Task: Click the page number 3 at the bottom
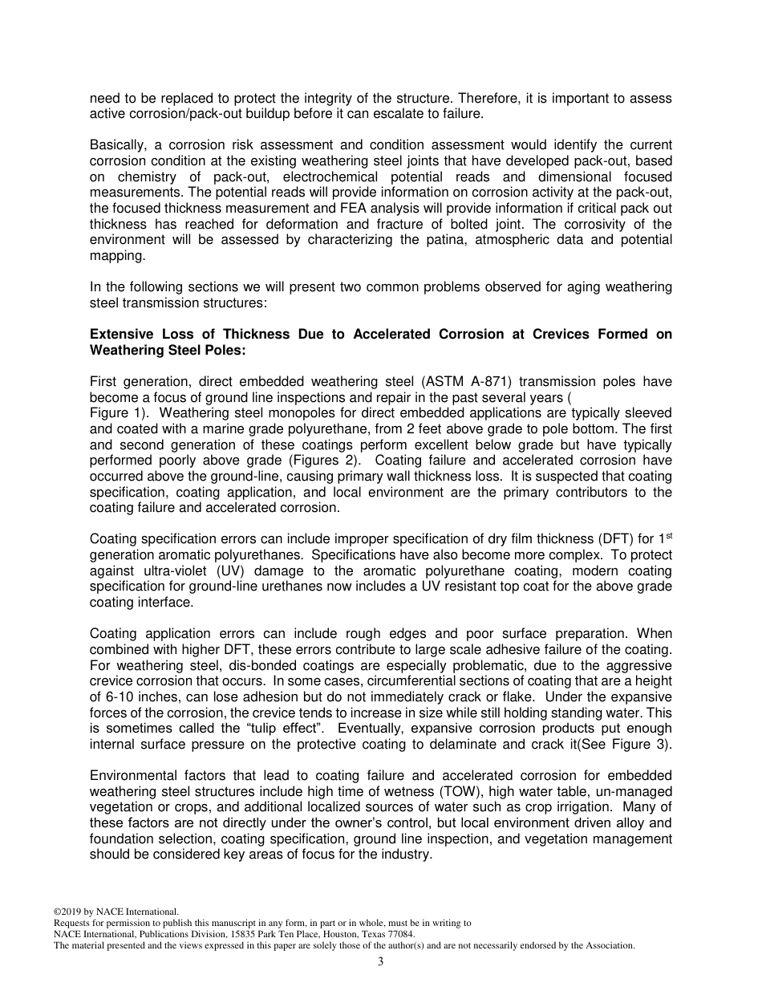tap(381, 962)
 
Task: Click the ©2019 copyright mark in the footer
tap(69, 912)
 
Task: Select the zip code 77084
tap(402, 934)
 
